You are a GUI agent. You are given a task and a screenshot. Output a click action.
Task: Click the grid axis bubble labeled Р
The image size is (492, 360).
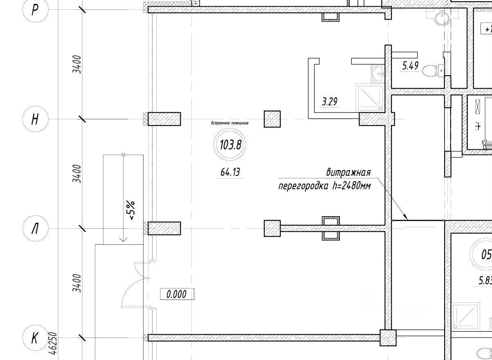pyautogui.click(x=35, y=9)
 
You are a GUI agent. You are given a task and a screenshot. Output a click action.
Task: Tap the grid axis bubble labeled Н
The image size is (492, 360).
pyautogui.click(x=35, y=119)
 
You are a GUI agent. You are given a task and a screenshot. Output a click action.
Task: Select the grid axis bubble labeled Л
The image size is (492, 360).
pyautogui.click(x=35, y=228)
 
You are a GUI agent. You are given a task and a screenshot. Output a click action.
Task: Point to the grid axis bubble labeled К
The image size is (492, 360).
pyautogui.click(x=35, y=338)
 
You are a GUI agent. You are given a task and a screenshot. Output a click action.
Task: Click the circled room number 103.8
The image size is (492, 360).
pyautogui.click(x=230, y=145)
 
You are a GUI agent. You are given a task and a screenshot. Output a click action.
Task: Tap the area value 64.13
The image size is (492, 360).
pyautogui.click(x=230, y=172)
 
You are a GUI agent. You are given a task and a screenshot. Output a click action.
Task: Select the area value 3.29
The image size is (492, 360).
pyautogui.click(x=329, y=102)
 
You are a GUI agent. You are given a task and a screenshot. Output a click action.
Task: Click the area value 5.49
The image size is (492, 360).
pyautogui.click(x=410, y=65)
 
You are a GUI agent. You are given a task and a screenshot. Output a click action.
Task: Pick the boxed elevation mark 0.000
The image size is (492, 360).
pyautogui.click(x=177, y=294)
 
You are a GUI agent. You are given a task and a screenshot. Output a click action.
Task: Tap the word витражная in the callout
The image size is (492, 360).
pyautogui.click(x=348, y=172)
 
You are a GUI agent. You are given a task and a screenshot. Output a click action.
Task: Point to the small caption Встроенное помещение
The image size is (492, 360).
pyautogui.click(x=229, y=123)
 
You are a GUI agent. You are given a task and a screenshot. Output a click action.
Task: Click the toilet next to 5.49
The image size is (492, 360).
pyautogui.click(x=433, y=71)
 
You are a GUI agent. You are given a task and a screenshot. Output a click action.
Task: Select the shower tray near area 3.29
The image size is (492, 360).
pyautogui.click(x=370, y=97)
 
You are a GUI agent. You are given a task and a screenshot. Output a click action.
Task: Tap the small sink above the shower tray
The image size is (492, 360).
pyautogui.click(x=377, y=74)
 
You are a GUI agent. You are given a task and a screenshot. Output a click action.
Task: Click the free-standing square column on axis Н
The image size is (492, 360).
pyautogui.click(x=272, y=119)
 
